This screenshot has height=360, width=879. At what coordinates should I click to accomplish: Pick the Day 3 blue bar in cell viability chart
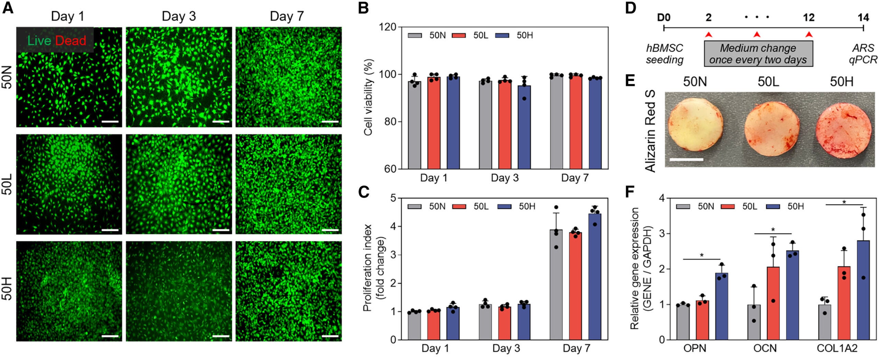524,127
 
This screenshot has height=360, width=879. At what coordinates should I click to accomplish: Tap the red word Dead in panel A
70,41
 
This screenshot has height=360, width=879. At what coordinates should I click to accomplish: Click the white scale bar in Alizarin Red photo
686,159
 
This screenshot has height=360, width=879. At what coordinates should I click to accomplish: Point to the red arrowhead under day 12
809,34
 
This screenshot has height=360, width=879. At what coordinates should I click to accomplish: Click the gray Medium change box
758,54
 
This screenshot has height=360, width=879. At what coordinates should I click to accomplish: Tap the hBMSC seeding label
664,54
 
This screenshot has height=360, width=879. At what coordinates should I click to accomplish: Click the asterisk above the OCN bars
773,230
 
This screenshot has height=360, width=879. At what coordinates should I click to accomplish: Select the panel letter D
630,8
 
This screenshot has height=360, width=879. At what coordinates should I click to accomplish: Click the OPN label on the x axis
695,348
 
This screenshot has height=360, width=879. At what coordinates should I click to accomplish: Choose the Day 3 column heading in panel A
179,16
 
